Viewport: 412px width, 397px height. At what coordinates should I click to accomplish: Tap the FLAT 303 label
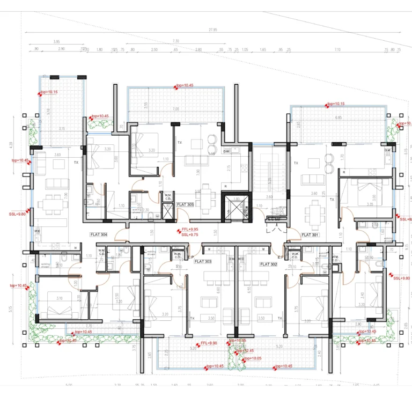coord(203,261)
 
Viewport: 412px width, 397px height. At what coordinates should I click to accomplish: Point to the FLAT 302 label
coord(268,264)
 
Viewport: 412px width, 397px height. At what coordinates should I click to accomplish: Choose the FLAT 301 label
coord(310,234)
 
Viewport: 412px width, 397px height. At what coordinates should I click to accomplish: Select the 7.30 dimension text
coord(175,41)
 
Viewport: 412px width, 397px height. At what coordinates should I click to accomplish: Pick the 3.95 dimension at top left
coord(56,41)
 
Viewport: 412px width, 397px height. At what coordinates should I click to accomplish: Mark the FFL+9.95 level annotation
coord(190,229)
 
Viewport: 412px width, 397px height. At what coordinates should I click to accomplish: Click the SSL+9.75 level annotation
coord(190,234)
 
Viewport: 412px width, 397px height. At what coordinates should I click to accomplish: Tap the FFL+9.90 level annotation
coord(208,343)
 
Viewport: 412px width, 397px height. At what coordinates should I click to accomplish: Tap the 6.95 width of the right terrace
coord(338,117)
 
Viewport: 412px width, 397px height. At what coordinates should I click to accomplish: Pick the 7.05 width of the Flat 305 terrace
coord(175,109)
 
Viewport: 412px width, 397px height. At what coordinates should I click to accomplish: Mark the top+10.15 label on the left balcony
coord(49,92)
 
